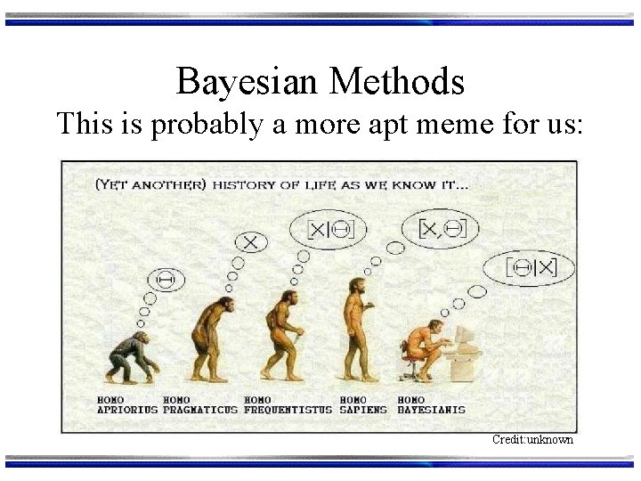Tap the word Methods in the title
pos(397,82)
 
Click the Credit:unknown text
pos(533,440)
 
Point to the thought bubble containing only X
pos(251,241)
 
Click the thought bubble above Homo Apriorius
pos(166,280)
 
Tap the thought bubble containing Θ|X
pos(529,267)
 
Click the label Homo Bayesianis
pos(431,405)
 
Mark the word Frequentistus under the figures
pos(288,410)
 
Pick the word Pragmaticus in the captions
pos(200,410)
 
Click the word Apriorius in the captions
pos(126,410)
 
